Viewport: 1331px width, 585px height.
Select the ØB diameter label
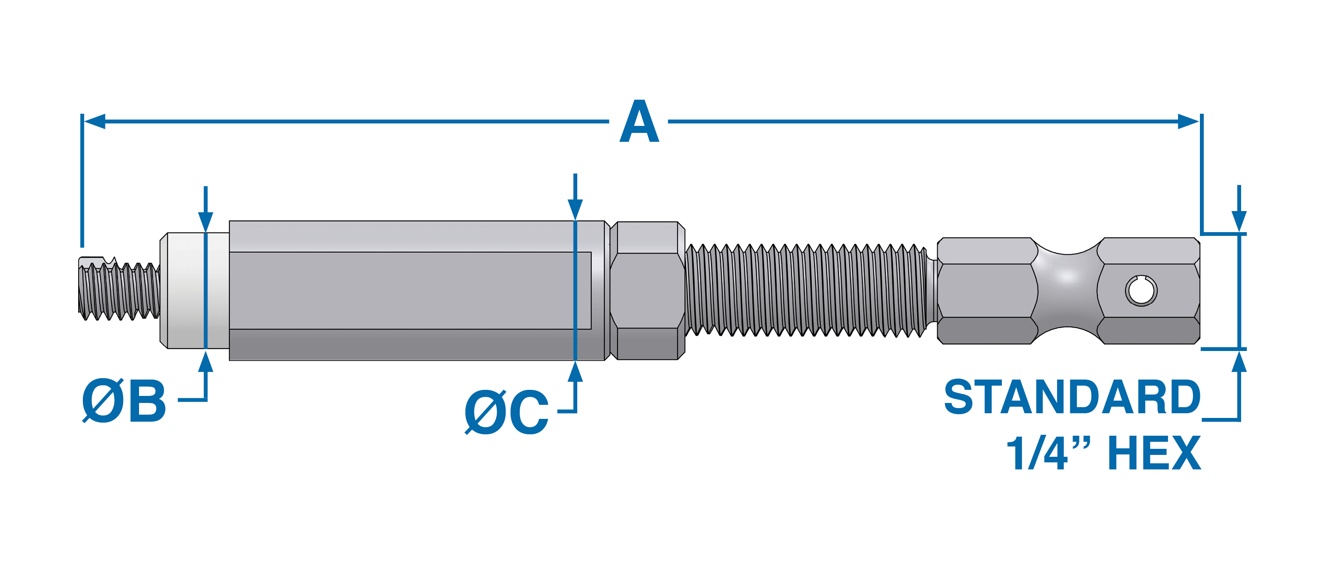pos(124,401)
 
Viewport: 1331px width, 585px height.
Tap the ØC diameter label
pos(507,411)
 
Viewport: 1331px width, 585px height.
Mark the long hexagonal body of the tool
pos(413,290)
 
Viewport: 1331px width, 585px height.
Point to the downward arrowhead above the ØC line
pos(575,209)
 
